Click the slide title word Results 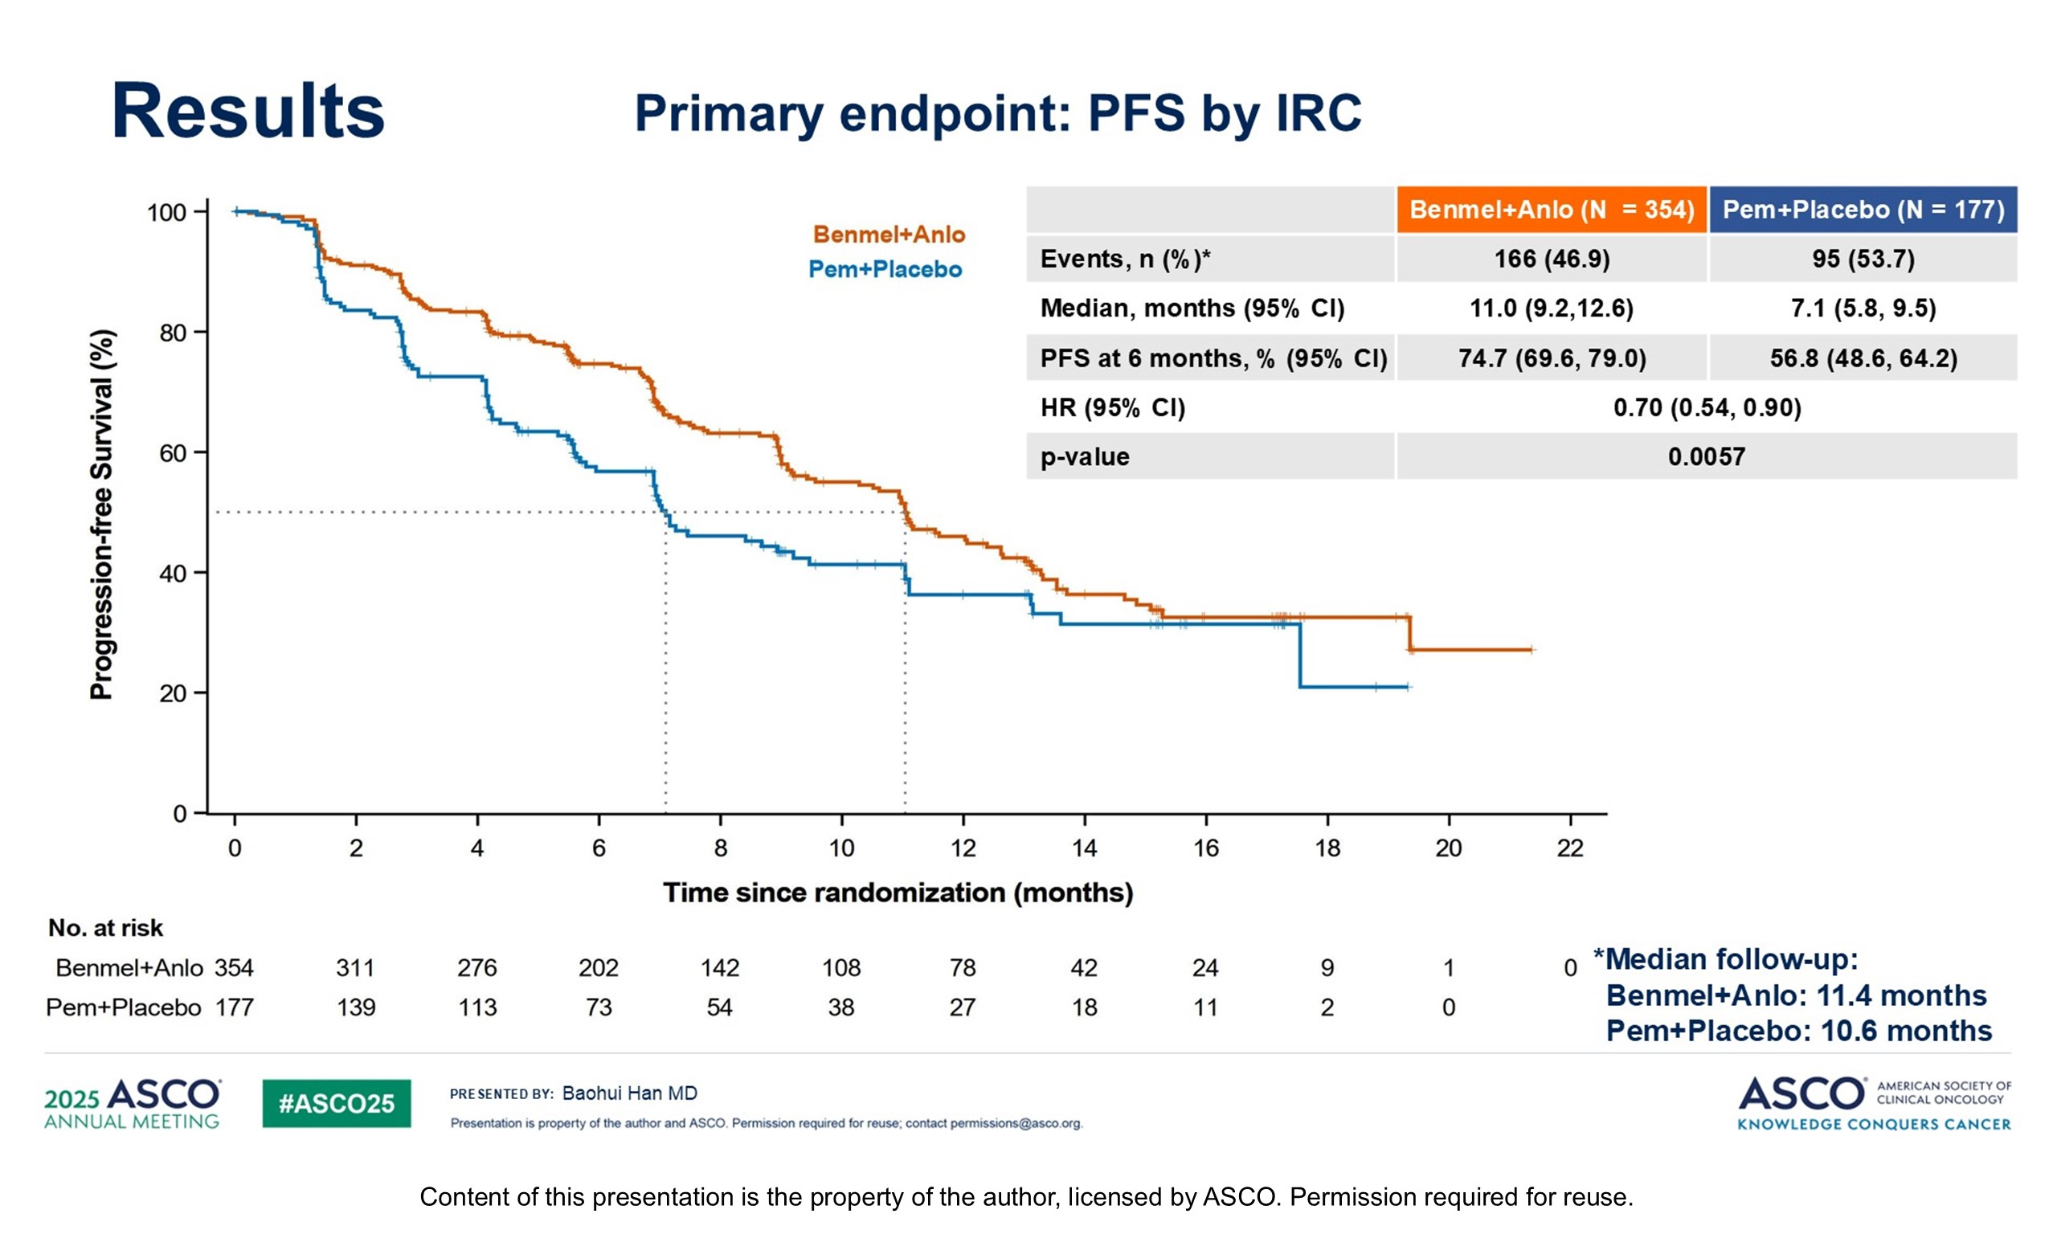247,112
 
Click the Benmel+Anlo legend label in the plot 889,235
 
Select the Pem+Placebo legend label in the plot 885,269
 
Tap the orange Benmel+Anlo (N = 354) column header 1551,210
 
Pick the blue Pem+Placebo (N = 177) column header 1863,210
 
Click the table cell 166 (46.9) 1551,259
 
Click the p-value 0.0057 1706,456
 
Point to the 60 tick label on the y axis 173,453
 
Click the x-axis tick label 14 1083,848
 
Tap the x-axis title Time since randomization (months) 898,893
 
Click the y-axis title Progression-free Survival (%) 101,515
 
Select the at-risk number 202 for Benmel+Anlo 598,968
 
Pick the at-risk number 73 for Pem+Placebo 598,1007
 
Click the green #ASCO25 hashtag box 336,1103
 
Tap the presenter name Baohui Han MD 629,1093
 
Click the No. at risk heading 105,928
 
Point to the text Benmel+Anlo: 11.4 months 1796,995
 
